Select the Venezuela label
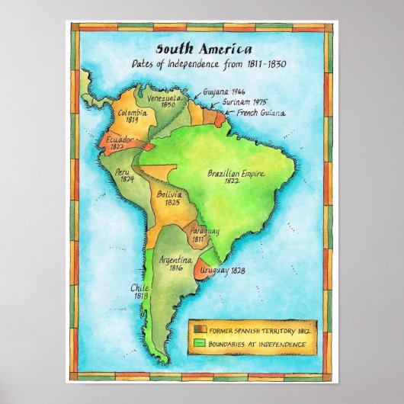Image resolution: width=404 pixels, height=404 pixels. pos(164,99)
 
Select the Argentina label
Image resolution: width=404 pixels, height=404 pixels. pos(175,260)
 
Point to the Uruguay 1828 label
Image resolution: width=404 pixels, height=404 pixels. pos(222,271)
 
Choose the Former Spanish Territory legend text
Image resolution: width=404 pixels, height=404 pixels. pos(258,330)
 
